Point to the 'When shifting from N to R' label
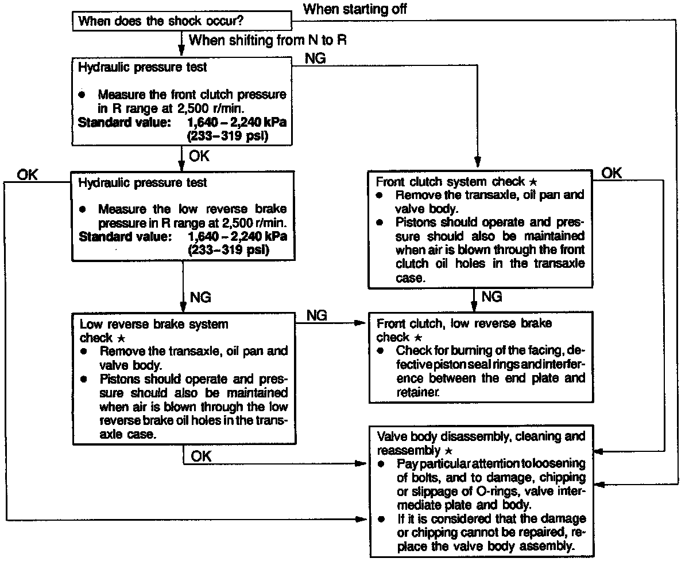click(268, 40)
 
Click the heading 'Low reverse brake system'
click(154, 325)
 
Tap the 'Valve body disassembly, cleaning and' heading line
click(481, 436)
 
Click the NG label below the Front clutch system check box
click(491, 297)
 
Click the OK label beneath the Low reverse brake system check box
click(201, 456)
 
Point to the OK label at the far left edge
click(27, 174)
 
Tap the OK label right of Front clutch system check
click(611, 173)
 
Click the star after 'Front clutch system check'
click(533, 182)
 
